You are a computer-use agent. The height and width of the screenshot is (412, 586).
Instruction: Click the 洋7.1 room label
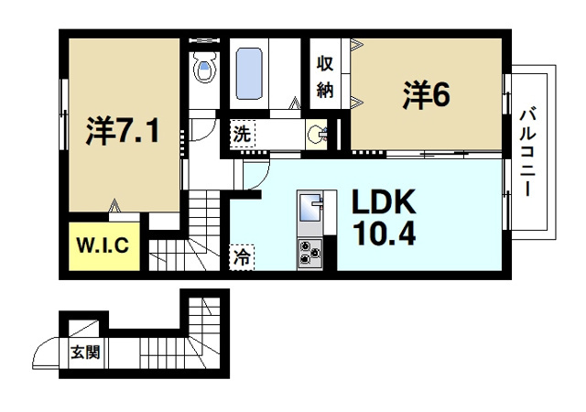click(123, 132)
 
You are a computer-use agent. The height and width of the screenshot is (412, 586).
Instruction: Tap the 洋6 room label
click(426, 94)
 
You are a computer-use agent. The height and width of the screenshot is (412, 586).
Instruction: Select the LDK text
click(379, 202)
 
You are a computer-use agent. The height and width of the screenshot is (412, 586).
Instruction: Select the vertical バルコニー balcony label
click(528, 150)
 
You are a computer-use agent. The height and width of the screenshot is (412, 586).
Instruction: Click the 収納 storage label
click(324, 76)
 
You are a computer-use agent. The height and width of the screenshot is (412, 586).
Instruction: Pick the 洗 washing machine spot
click(241, 133)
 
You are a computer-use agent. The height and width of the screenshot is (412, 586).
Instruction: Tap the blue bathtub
click(250, 73)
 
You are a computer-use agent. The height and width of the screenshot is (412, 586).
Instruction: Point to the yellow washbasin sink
click(318, 134)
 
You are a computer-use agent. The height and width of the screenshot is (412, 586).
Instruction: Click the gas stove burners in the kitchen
click(309, 252)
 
